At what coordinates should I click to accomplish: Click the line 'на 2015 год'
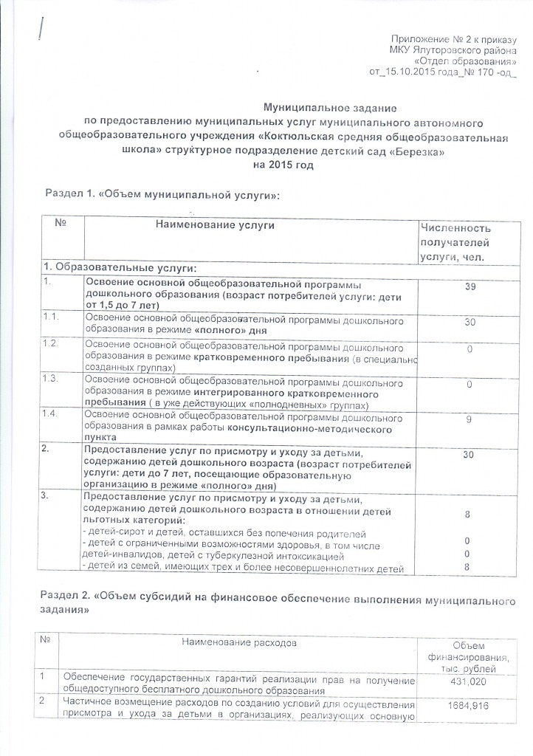point(282,165)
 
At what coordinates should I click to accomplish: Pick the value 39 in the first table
point(469,286)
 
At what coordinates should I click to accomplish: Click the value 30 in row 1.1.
point(469,322)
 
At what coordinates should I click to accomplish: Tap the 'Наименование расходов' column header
point(234,643)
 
